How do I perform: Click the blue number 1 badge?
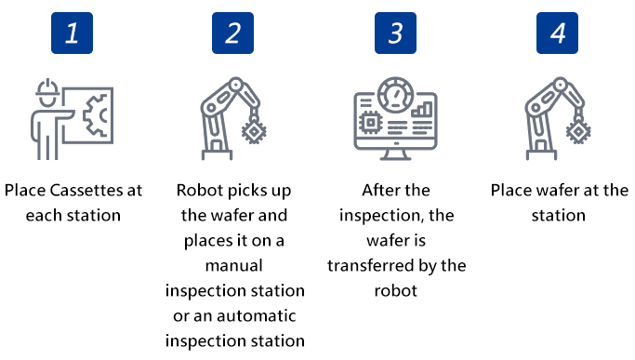pyautogui.click(x=73, y=33)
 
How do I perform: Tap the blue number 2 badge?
pyautogui.click(x=232, y=33)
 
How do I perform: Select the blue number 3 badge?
pyautogui.click(x=395, y=33)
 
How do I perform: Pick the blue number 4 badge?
pyautogui.click(x=557, y=33)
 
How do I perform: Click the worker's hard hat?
pyautogui.click(x=47, y=88)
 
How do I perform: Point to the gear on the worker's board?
pyautogui.click(x=95, y=115)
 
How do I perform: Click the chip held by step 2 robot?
pyautogui.click(x=254, y=132)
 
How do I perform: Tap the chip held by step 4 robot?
pyautogui.click(x=578, y=132)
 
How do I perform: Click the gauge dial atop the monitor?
pyautogui.click(x=396, y=95)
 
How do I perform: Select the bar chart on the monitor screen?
pyautogui.click(x=421, y=110)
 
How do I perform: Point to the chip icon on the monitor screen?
pyautogui.click(x=370, y=123)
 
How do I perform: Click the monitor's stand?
pyautogui.click(x=396, y=154)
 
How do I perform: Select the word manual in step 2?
pyautogui.click(x=234, y=265)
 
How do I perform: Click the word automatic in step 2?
pyautogui.click(x=256, y=315)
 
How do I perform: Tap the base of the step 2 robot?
pyautogui.click(x=217, y=154)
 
